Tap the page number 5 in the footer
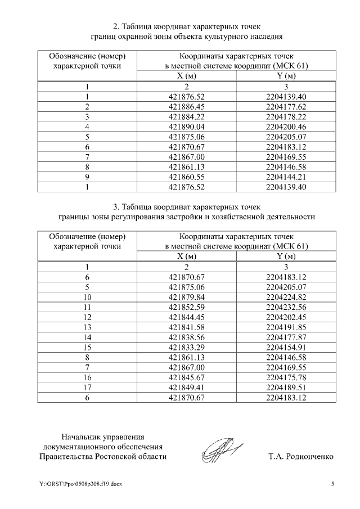332,484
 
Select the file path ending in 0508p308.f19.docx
80,484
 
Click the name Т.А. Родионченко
301,456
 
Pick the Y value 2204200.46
285,126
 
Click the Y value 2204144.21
285,177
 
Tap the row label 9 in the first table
87,177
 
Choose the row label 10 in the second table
87,297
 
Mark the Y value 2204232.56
285,307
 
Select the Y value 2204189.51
285,388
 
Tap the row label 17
87,388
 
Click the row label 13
87,327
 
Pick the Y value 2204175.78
285,378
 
